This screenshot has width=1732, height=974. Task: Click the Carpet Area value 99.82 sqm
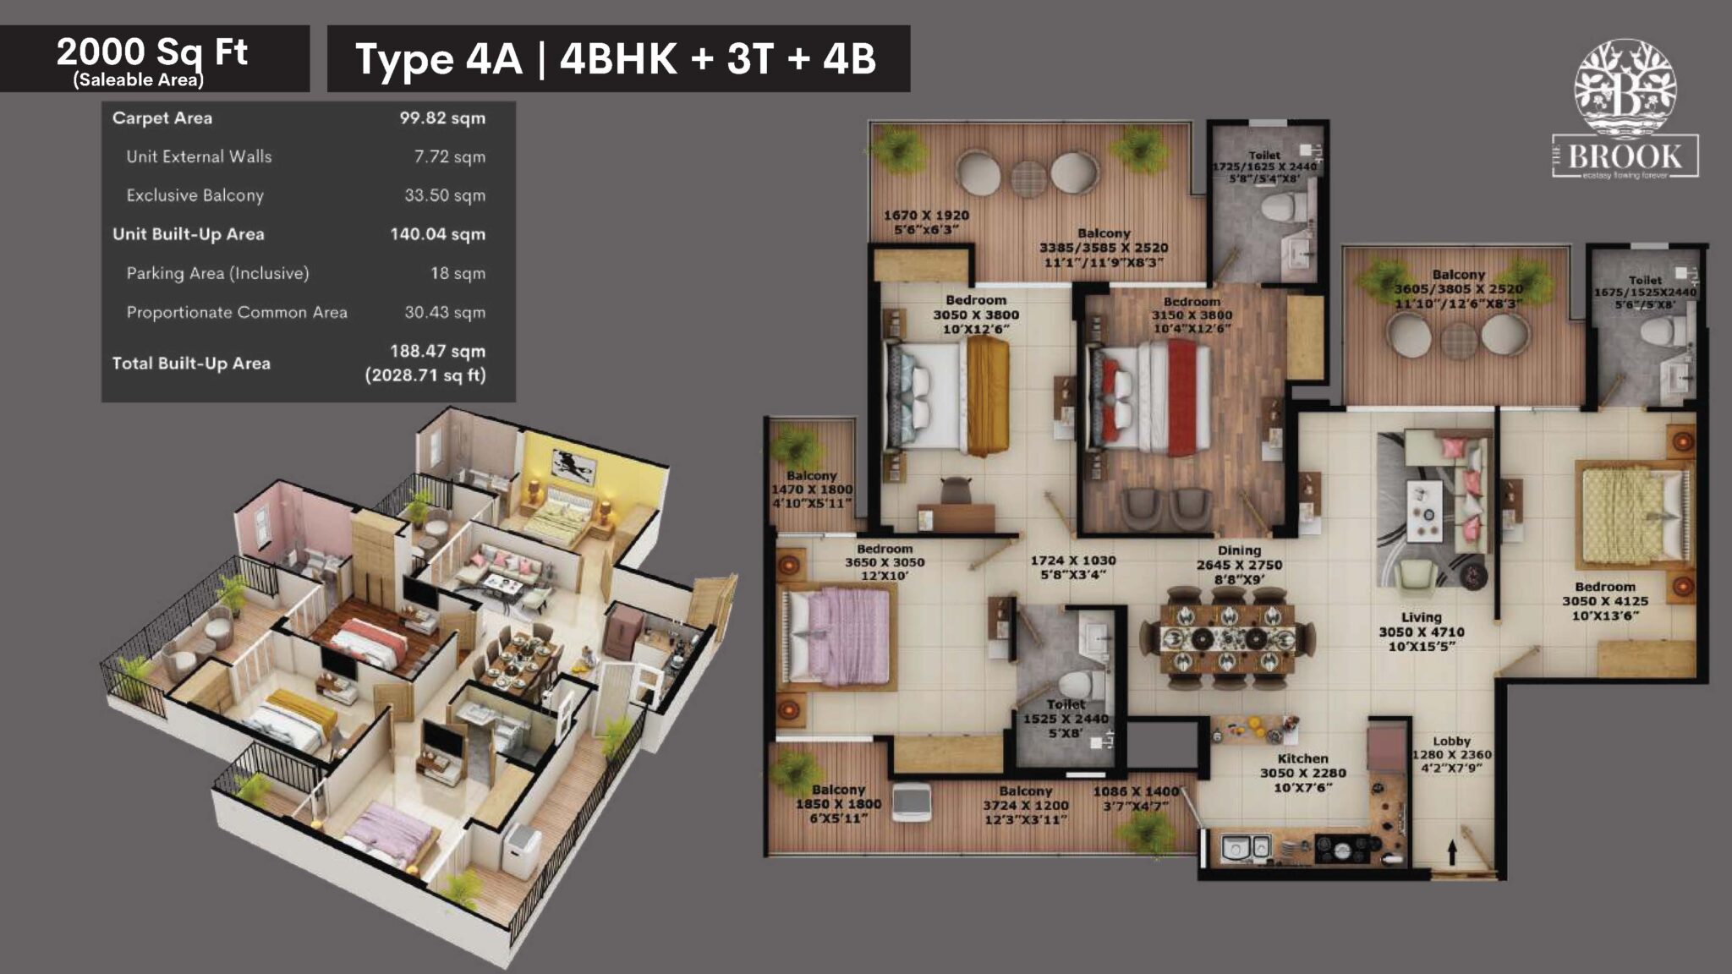tap(442, 118)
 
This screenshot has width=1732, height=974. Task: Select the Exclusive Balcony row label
tap(195, 195)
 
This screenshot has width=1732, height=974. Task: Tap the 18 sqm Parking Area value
tap(458, 273)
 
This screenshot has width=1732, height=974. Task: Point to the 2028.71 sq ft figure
tap(425, 375)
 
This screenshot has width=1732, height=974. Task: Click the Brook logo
tap(1625, 110)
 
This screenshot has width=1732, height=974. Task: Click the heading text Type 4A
tap(439, 59)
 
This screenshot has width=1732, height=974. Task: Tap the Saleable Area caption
tap(138, 80)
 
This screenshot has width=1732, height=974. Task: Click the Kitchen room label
tap(1302, 758)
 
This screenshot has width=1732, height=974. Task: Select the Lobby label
tap(1451, 741)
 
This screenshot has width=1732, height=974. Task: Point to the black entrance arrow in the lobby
tap(1452, 851)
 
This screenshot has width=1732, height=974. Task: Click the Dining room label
tap(1239, 550)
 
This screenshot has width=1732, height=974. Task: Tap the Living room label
tap(1421, 617)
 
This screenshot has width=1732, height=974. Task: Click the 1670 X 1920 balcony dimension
tap(926, 216)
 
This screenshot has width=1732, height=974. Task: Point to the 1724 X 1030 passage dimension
tap(1072, 561)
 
